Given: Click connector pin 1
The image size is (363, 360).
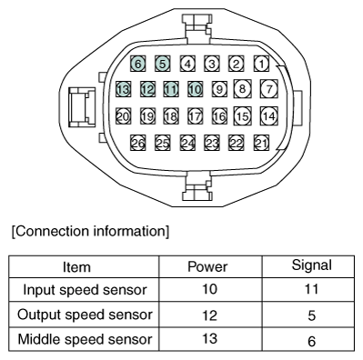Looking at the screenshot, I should point(261,64).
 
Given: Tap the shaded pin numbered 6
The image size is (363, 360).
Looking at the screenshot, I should point(138,65).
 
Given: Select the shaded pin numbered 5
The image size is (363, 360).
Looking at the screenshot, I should point(163,65).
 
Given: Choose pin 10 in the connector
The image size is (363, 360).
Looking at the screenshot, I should point(195,89).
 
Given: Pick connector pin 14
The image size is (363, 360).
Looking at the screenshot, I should point(267,116).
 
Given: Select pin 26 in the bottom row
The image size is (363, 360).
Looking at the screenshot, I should point(138,143).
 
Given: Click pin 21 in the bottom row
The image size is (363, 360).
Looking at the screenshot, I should point(261,143).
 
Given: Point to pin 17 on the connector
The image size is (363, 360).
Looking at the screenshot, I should point(195,116).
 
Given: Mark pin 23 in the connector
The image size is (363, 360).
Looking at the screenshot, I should point(212,143).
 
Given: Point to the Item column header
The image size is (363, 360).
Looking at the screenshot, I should point(83,269).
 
